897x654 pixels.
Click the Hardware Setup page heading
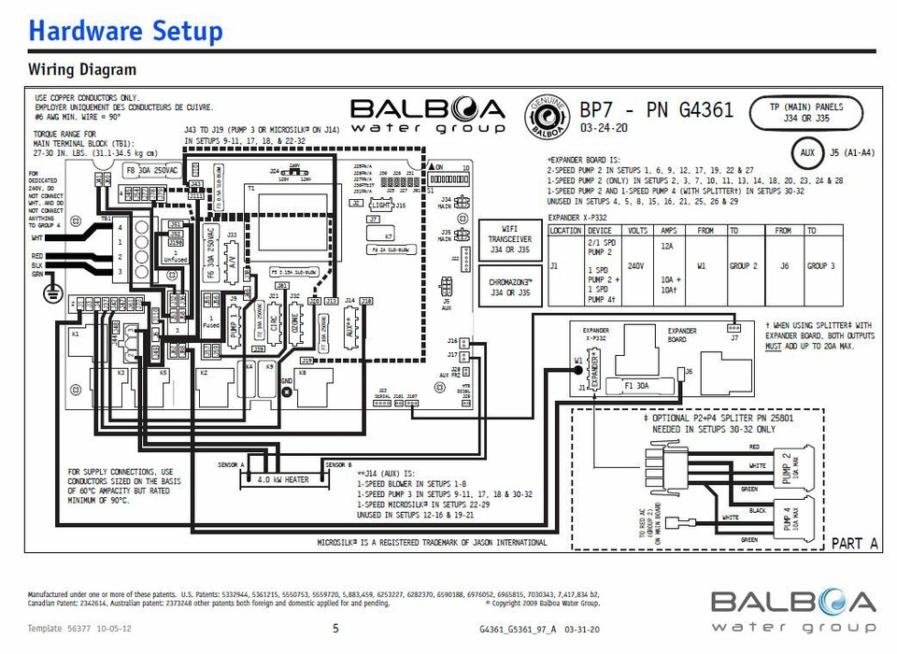(x=125, y=31)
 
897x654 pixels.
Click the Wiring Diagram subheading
(x=82, y=70)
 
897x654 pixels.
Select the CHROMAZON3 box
(x=510, y=287)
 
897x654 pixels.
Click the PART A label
(x=854, y=543)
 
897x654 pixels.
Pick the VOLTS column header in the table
(x=638, y=230)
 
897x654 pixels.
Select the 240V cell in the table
(x=638, y=265)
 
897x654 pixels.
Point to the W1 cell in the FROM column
(x=702, y=265)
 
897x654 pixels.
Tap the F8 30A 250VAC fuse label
(x=149, y=170)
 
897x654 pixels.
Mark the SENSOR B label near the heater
(x=337, y=464)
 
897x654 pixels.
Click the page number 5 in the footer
(x=335, y=629)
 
